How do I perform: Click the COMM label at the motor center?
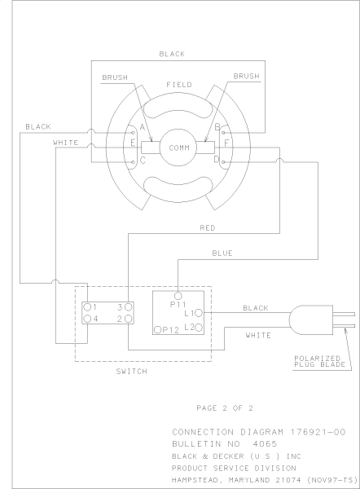(178, 148)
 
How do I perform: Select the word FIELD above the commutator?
(178, 85)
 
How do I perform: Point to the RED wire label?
(207, 228)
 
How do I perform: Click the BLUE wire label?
(222, 253)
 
